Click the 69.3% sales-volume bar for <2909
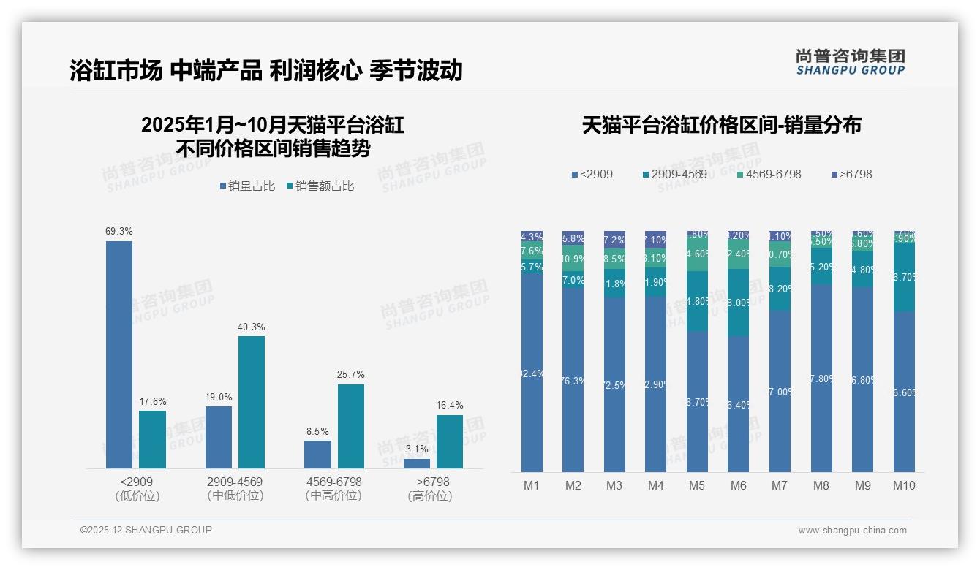tap(119, 354)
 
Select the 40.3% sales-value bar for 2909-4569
tap(251, 402)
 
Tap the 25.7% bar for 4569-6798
tap(350, 426)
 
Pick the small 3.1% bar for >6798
tap(417, 463)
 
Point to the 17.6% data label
tap(153, 401)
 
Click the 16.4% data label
tap(450, 406)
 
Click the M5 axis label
tap(697, 485)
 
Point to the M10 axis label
tap(904, 485)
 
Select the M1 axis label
tap(532, 485)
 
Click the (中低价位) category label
tap(234, 495)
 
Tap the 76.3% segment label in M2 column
tap(573, 381)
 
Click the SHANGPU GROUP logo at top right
tap(851, 62)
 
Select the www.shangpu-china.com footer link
tap(852, 531)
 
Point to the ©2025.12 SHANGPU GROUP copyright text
tap(146, 530)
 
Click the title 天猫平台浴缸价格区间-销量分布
tap(721, 125)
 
